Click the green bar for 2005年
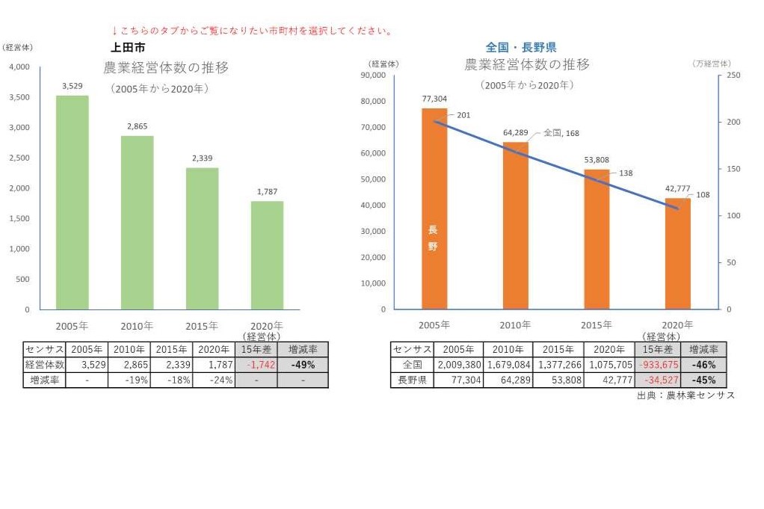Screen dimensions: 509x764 [x=73, y=202]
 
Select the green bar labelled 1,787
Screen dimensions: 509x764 [x=267, y=255]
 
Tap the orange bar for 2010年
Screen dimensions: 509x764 [x=515, y=225]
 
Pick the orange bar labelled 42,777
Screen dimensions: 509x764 [x=677, y=253]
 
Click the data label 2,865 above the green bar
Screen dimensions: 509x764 [x=138, y=126]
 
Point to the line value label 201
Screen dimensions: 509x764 [x=463, y=115]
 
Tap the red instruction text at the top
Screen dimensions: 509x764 [x=252, y=31]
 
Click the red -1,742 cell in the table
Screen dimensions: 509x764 [x=256, y=365]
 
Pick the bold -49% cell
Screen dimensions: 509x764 [x=303, y=365]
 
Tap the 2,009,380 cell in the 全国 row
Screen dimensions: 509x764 [x=458, y=365]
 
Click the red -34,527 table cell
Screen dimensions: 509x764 [x=657, y=380]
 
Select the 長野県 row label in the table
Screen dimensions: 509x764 [x=412, y=380]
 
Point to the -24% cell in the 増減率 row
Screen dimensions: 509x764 [x=214, y=380]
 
